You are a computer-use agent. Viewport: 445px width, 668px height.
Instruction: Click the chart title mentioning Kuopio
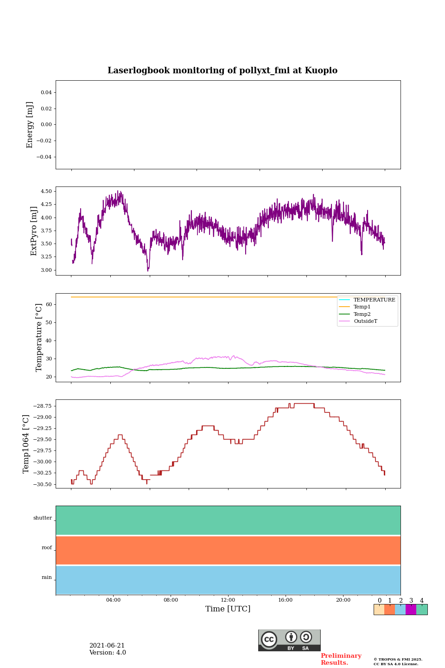tap(222, 71)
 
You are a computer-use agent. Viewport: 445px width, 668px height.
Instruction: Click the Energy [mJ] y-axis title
tap(30, 125)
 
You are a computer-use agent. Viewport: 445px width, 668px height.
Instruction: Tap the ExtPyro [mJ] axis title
tap(34, 231)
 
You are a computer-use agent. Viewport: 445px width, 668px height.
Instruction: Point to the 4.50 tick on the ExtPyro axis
tap(46, 191)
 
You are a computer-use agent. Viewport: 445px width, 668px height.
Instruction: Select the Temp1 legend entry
tap(362, 307)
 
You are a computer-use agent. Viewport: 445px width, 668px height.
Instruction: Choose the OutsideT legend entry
tap(365, 321)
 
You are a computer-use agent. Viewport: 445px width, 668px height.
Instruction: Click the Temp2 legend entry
tap(362, 314)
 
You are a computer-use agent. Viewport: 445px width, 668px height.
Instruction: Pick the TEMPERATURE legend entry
tap(374, 300)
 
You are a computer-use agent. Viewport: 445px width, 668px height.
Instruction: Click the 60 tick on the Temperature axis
tap(49, 305)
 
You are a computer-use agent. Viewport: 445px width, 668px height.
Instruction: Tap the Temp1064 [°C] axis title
tap(26, 444)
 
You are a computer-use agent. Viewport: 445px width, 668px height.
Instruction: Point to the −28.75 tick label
tap(42, 406)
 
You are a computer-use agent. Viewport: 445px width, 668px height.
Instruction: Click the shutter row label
tap(43, 518)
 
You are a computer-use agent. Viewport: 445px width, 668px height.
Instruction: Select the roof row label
tap(47, 548)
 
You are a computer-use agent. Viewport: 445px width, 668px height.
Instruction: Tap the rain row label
tap(47, 578)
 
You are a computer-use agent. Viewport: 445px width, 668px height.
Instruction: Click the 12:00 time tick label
tap(228, 600)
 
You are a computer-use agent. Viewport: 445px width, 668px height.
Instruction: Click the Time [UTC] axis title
tap(228, 609)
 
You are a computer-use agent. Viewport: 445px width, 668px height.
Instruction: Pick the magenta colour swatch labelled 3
tap(411, 610)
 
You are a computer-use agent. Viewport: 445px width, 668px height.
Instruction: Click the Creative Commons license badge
tap(289, 640)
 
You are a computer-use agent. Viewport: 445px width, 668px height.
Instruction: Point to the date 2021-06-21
tap(107, 646)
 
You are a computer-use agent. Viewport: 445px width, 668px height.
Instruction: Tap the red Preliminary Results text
tap(341, 659)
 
